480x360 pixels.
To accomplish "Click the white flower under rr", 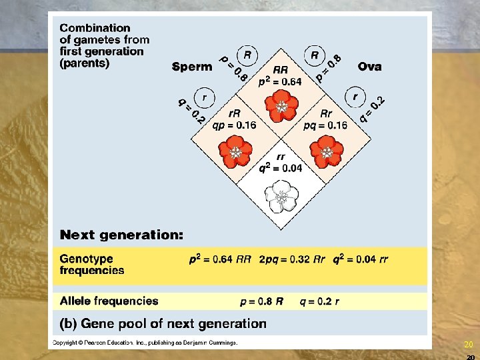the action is pos(281,196).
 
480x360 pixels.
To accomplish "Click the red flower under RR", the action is pos(281,106).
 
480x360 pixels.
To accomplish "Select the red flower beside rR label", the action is pos(236,151).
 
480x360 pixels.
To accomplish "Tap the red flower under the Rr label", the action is pos(327,151).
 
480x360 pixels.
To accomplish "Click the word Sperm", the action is pos(192,67).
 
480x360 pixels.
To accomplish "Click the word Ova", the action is pos(369,67).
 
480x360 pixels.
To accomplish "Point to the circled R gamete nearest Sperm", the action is pos(247,55).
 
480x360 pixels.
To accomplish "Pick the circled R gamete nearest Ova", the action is pos(314,55).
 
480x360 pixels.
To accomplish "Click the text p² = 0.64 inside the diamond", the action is pos(280,81).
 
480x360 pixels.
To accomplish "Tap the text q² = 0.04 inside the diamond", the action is pos(281,168).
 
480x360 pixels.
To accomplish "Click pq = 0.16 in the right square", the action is pos(325,125).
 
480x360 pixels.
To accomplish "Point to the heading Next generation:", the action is pos(122,235).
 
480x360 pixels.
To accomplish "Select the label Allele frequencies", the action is pos(109,301).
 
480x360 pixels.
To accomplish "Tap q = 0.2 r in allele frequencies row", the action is pos(319,301).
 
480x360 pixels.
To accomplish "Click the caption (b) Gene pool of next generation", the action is pos(163,324).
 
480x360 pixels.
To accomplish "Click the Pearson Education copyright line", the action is pos(145,343).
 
